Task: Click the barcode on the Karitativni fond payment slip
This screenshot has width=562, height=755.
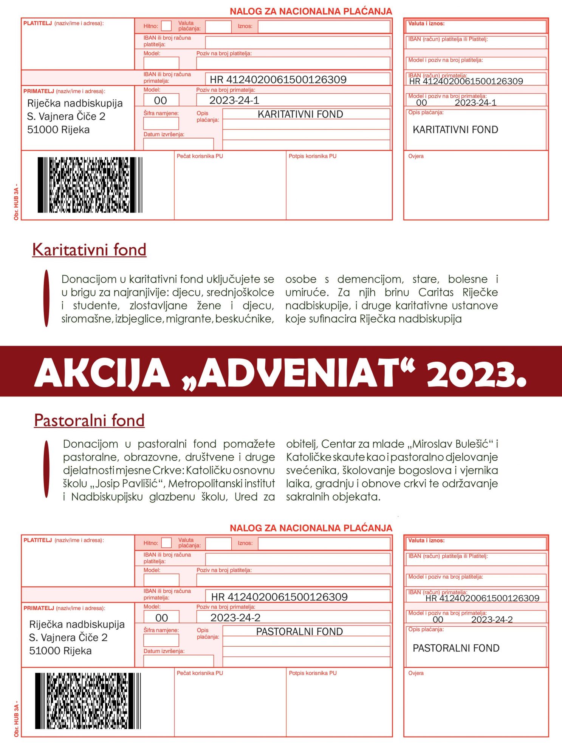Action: coord(90,185)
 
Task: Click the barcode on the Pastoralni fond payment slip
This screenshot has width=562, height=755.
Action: coord(88,701)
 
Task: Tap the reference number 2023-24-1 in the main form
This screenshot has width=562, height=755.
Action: coord(234,100)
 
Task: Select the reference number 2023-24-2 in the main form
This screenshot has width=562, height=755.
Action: coord(235,618)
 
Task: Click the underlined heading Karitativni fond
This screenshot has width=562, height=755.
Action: coord(89,250)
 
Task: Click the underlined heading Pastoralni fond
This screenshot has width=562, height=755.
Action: coord(89,421)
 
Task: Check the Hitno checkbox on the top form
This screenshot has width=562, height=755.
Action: coord(166,26)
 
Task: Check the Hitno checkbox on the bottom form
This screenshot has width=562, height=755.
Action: coord(166,543)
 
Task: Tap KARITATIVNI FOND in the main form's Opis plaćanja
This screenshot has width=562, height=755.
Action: coord(300,114)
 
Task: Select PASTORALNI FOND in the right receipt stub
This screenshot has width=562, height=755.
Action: coord(456,648)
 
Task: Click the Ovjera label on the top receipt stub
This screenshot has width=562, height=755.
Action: coord(416,156)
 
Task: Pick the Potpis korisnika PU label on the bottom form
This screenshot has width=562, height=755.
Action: coord(313,673)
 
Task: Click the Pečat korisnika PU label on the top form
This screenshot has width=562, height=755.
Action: coord(200,156)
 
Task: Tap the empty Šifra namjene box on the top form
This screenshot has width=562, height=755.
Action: coord(161,123)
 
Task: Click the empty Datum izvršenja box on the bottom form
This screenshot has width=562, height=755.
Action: coord(178,661)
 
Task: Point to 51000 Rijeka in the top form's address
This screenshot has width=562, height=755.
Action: coord(58,130)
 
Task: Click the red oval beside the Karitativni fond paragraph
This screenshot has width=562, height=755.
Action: coord(46,298)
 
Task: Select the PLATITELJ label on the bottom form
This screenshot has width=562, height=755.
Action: coord(38,540)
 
